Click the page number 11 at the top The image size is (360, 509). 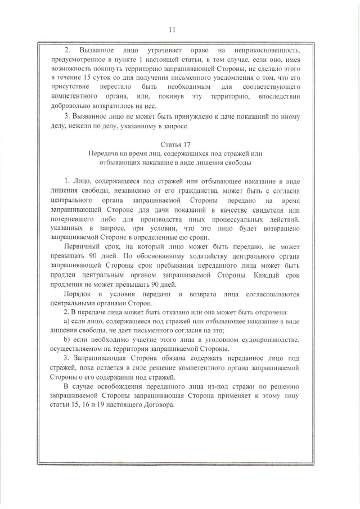(x=180, y=29)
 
